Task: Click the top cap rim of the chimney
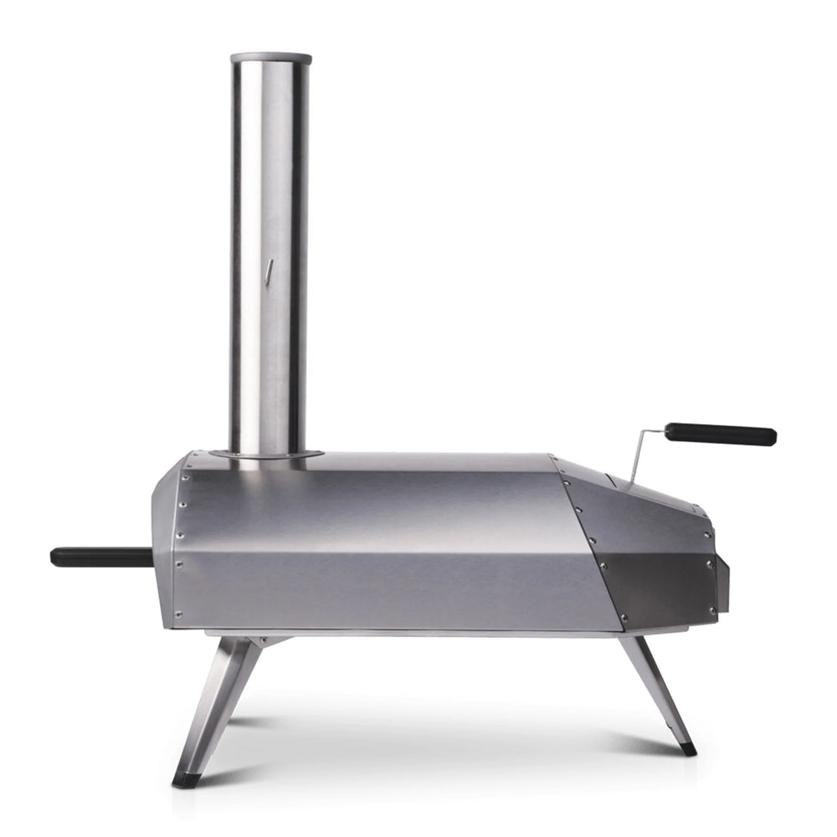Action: [270, 59]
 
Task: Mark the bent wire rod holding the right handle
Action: [644, 452]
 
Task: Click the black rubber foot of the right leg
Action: [686, 747]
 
